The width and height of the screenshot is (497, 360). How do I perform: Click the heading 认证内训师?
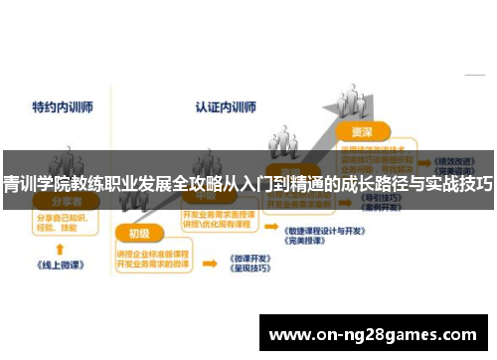pyautogui.click(x=225, y=105)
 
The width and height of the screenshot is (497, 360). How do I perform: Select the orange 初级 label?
pyautogui.click(x=138, y=234)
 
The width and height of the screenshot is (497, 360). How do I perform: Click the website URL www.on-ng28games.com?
pyautogui.click(x=373, y=333)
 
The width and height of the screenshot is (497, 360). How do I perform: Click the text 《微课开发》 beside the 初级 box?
pyautogui.click(x=248, y=258)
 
